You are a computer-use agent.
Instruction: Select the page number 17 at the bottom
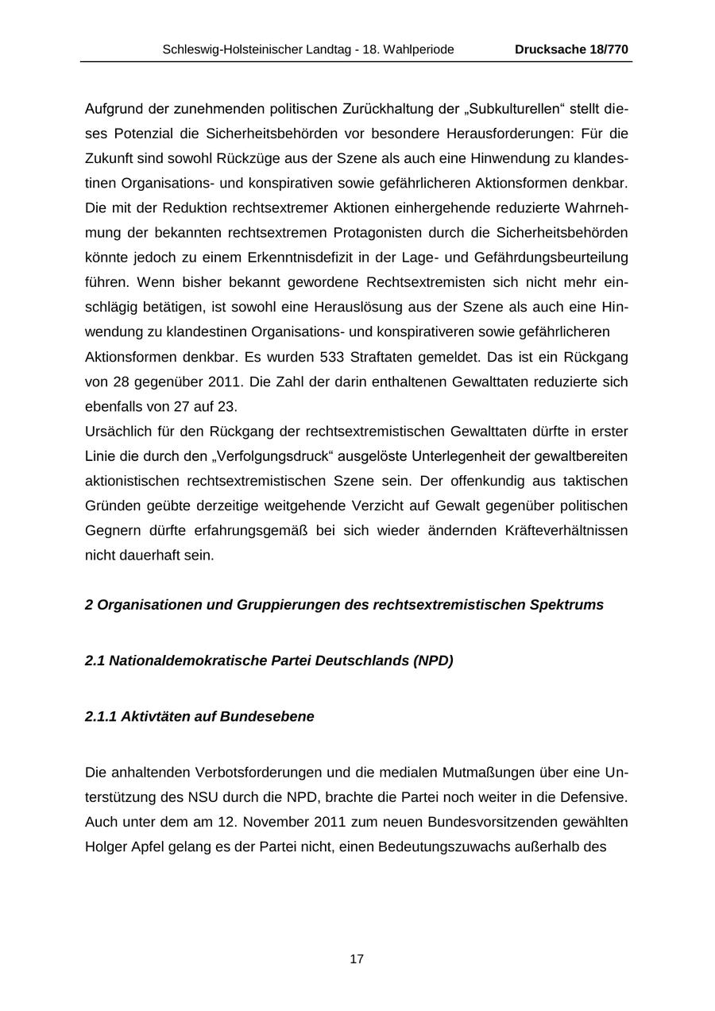click(x=357, y=959)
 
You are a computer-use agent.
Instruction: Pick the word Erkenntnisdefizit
click(x=329, y=258)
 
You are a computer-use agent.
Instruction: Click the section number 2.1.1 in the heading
click(x=101, y=716)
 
